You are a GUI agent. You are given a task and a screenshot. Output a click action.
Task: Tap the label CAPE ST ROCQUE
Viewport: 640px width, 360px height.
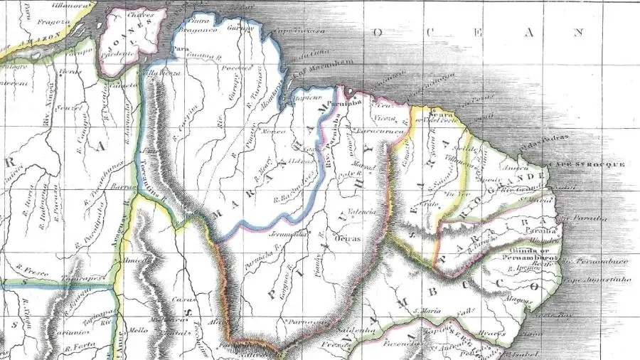click(x=597, y=163)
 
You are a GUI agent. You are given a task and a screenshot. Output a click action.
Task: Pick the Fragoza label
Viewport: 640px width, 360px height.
click(x=32, y=23)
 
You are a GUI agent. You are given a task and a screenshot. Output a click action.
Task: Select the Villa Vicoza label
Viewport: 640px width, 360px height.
click(x=158, y=73)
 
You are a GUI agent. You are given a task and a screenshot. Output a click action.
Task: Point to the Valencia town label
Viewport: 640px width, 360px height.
click(x=361, y=212)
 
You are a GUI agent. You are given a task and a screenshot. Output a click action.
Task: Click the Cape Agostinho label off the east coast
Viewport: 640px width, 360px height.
click(x=599, y=280)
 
